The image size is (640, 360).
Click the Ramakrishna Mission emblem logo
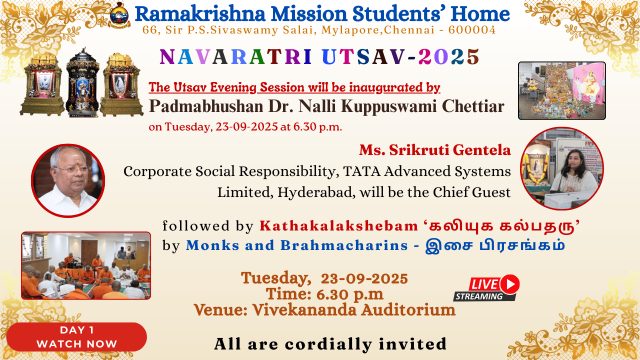pos(119,15)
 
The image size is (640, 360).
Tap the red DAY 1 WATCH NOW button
pos(76,337)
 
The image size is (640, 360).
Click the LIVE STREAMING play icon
pos(510,284)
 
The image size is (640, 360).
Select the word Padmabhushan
pos(206,107)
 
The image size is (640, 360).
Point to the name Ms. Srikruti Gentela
pos(435,150)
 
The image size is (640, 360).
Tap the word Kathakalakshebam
pos(339,226)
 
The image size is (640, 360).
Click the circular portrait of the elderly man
pos(68,180)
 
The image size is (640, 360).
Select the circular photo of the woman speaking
pos(561,168)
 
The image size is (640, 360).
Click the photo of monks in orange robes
pos(86,265)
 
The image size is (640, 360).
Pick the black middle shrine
pos(82,83)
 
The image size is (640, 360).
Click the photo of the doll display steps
pos(561,90)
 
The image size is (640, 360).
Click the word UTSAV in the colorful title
pos(363,56)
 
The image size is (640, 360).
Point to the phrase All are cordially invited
pos(330,343)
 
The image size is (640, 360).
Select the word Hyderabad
pos(316,192)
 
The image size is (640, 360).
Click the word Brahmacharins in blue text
pos(344,245)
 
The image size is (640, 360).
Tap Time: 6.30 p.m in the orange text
pos(324,294)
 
